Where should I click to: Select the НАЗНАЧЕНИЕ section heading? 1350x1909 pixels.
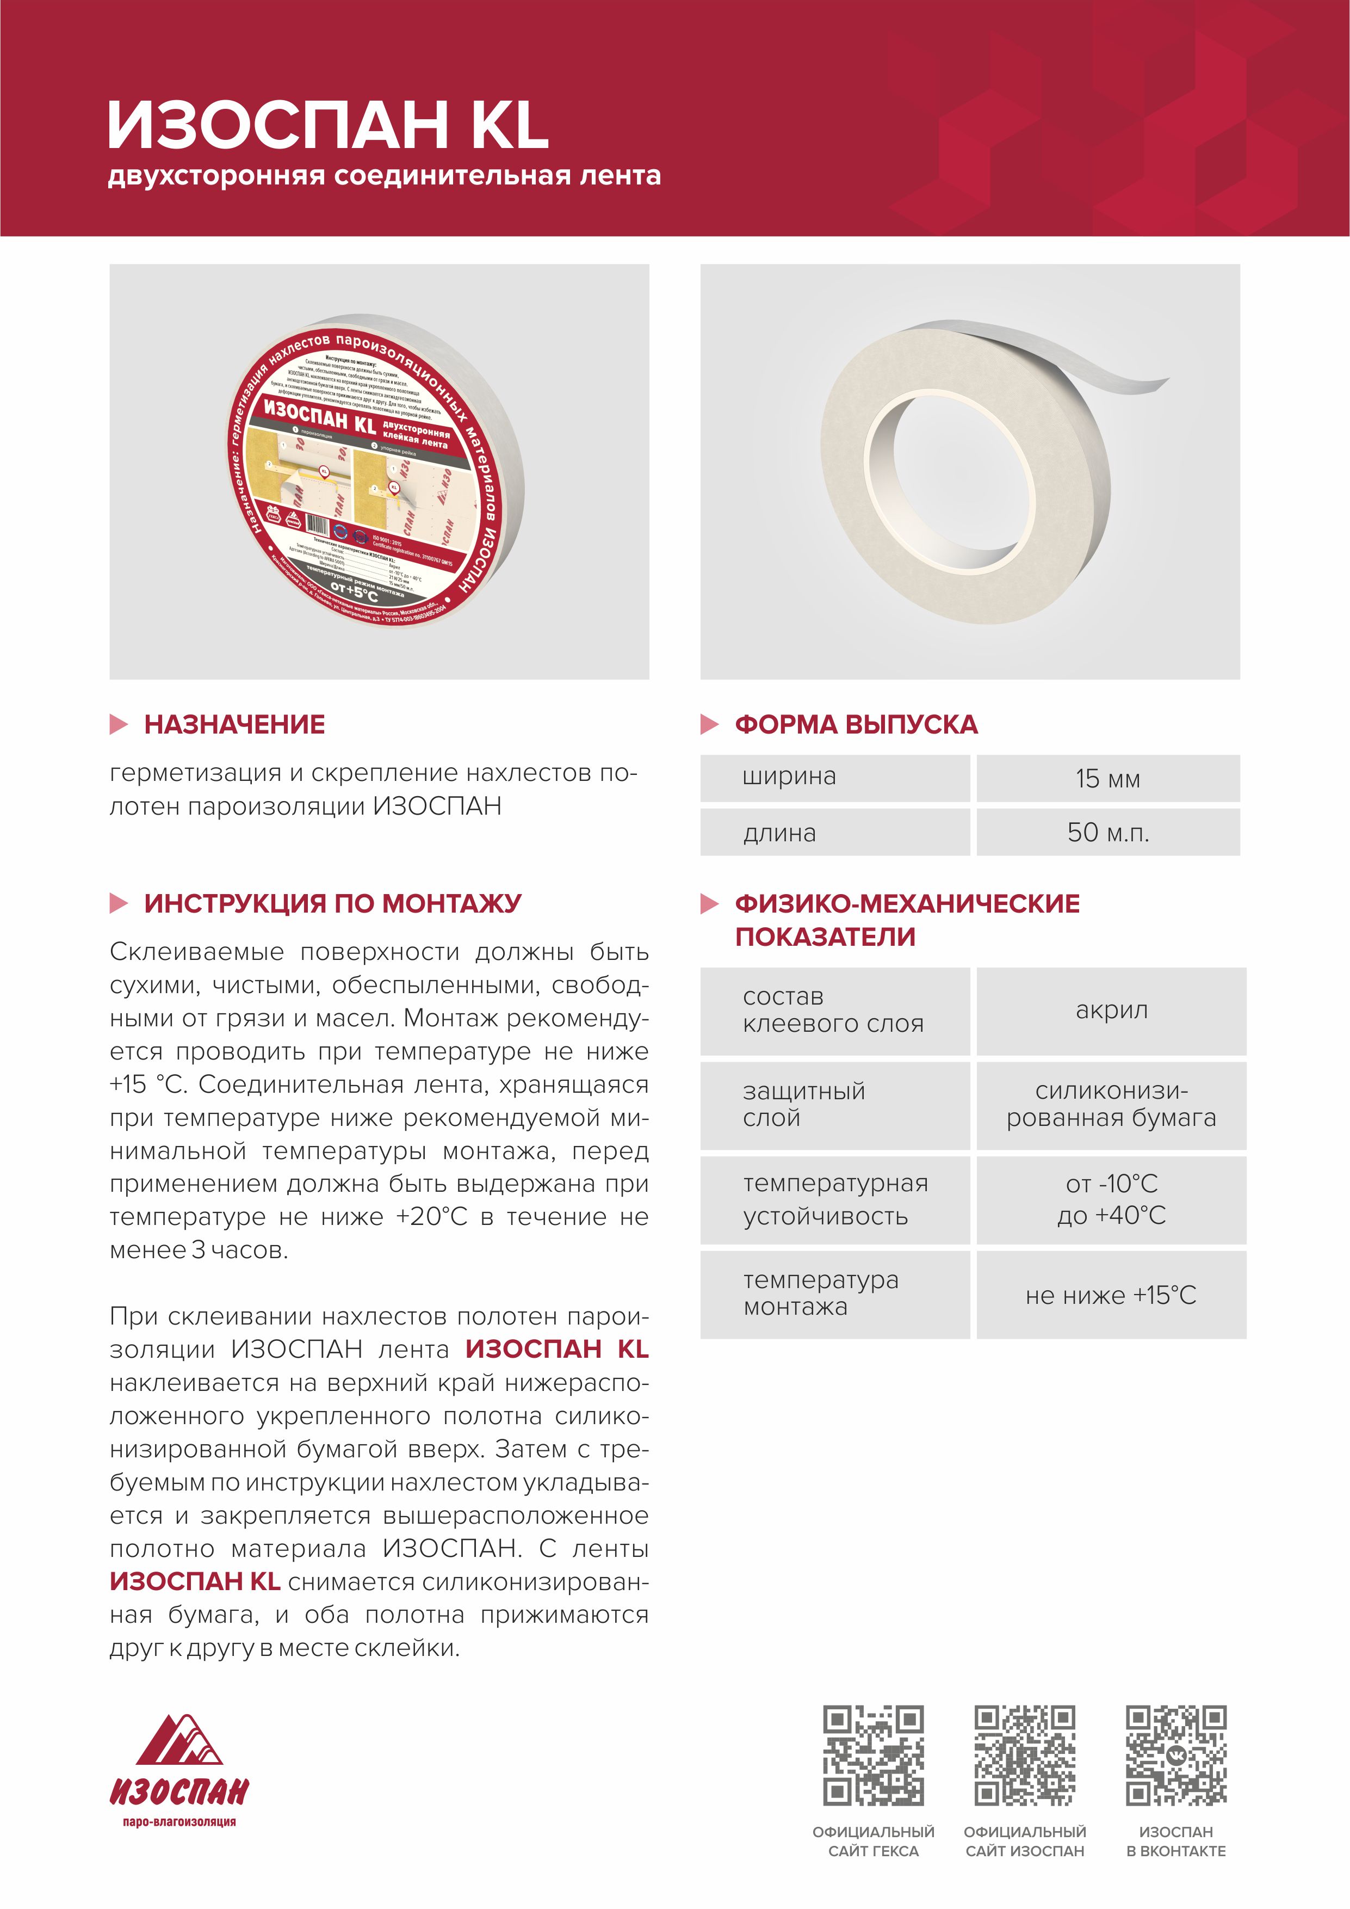(x=234, y=724)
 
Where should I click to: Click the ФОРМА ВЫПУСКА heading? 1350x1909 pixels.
(x=856, y=724)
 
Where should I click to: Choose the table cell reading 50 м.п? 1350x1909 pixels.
(x=1107, y=832)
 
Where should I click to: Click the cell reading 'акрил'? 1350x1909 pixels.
(x=1111, y=1011)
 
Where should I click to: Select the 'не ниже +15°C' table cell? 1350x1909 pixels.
(x=1111, y=1295)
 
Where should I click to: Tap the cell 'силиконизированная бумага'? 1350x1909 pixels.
(x=1111, y=1105)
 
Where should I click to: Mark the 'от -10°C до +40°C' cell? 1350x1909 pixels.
(x=1111, y=1200)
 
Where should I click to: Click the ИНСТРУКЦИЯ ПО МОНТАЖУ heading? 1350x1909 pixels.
(x=332, y=903)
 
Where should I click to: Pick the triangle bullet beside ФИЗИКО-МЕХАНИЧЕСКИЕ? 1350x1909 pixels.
(x=709, y=904)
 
